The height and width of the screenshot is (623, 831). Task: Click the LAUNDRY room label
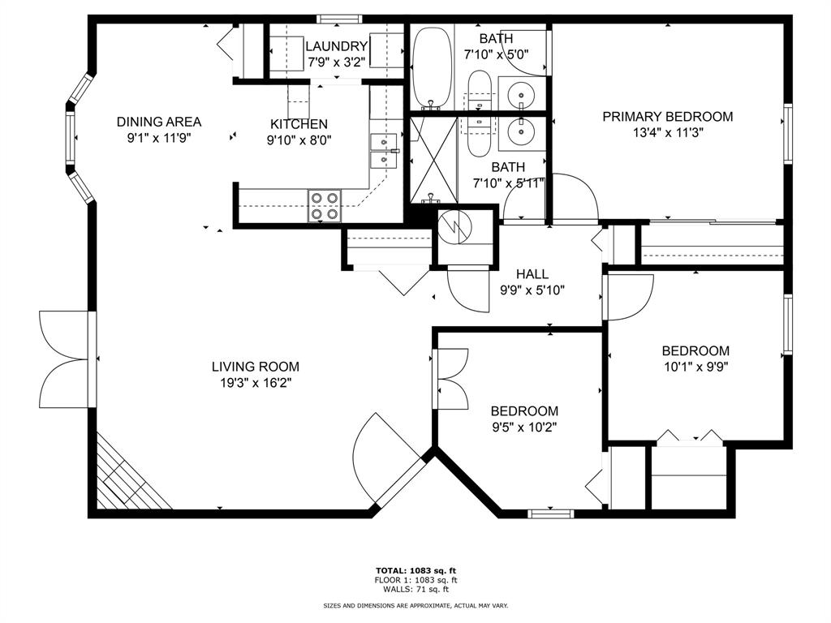[337, 46]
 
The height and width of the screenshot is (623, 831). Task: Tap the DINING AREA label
[159, 122]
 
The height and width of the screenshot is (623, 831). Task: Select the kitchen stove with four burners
[323, 206]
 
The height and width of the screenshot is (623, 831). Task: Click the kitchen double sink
[382, 150]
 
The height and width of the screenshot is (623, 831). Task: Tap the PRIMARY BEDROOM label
[667, 117]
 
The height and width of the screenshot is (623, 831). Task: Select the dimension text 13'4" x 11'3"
[667, 133]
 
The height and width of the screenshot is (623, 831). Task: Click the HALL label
[532, 274]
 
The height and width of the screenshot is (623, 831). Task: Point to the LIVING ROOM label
[256, 367]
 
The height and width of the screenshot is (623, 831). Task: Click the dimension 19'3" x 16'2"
[256, 383]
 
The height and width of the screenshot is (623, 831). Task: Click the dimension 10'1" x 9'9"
[695, 367]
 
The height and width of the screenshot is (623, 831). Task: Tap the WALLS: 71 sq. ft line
[415, 589]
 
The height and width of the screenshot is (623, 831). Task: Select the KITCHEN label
[299, 124]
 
